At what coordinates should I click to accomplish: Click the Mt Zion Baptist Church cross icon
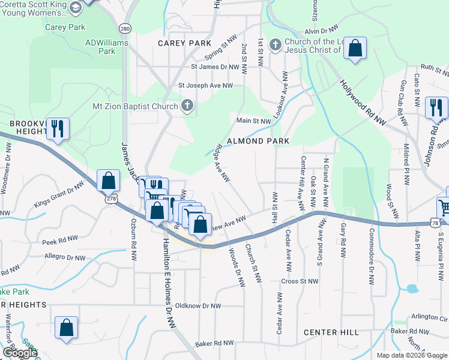pyautogui.click(x=187, y=107)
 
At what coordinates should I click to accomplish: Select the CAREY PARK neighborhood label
pyautogui.click(x=184, y=43)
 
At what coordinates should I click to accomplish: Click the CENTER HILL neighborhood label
pyautogui.click(x=331, y=332)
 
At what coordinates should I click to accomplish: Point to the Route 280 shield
pyautogui.click(x=125, y=28)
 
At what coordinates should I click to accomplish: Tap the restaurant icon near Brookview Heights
pyautogui.click(x=58, y=129)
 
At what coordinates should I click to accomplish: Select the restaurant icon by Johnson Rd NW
pyautogui.click(x=436, y=108)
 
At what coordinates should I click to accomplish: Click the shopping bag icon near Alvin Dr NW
pyautogui.click(x=355, y=49)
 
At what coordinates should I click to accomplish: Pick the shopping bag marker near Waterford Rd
pyautogui.click(x=66, y=328)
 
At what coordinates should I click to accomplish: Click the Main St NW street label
pyautogui.click(x=253, y=121)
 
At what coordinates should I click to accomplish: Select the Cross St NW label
pyautogui.click(x=299, y=281)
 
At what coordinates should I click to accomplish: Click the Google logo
pyautogui.click(x=20, y=353)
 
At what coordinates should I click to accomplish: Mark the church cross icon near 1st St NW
pyautogui.click(x=276, y=45)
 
